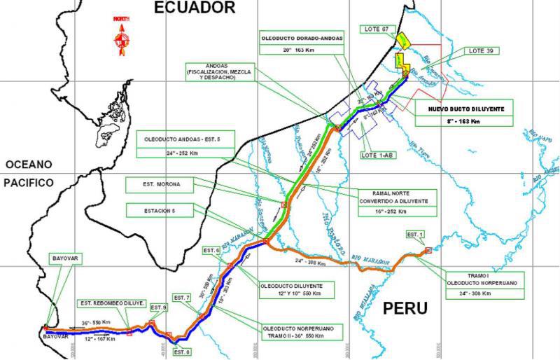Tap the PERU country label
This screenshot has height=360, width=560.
pyautogui.click(x=405, y=309)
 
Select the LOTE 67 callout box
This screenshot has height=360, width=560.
pyautogui.click(x=377, y=29)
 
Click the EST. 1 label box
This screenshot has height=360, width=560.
pyautogui.click(x=414, y=234)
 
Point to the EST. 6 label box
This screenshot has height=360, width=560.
pyautogui.click(x=211, y=250)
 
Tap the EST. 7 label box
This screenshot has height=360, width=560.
pyautogui.click(x=181, y=298)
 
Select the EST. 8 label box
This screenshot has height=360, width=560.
pyautogui.click(x=181, y=352)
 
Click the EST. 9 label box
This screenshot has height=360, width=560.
pyautogui.click(x=159, y=307)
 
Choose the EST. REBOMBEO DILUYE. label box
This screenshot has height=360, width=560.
pyautogui.click(x=111, y=303)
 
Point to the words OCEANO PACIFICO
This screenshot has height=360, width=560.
pyautogui.click(x=29, y=173)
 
